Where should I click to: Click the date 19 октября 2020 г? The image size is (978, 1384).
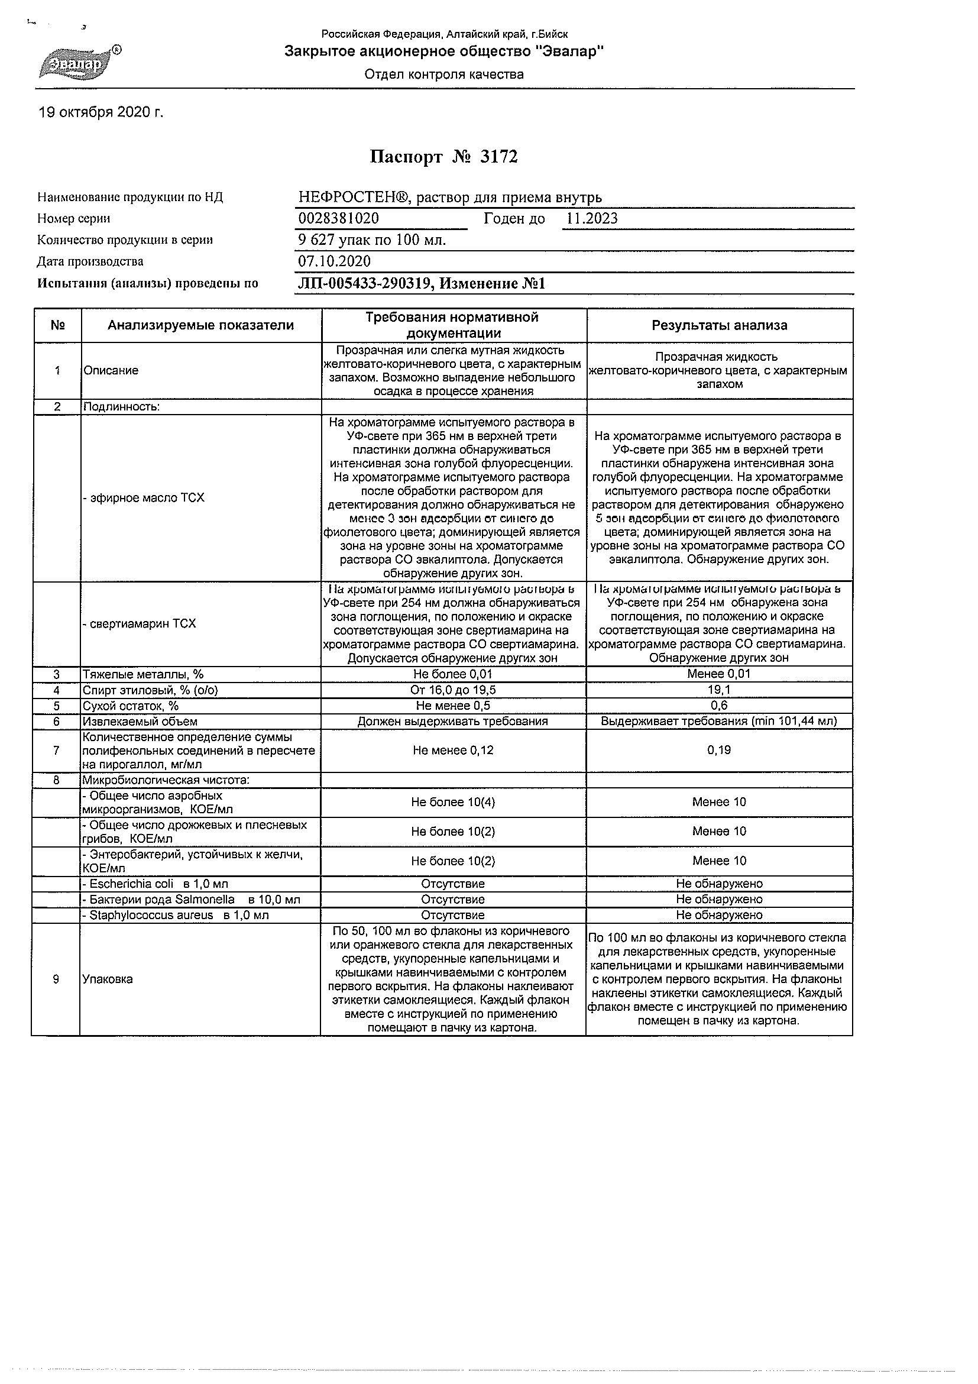coord(101,112)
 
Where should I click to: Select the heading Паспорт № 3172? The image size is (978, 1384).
coord(443,157)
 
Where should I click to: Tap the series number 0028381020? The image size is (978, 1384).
coord(339,219)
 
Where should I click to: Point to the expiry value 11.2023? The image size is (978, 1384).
coord(592,219)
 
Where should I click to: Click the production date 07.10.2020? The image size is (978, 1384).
coord(335,261)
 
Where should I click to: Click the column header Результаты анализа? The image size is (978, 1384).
coord(720,325)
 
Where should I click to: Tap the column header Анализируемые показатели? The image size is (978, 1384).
coord(200,325)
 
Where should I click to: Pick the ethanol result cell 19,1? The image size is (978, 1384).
coord(720,690)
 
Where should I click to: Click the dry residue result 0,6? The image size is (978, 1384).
coord(720,706)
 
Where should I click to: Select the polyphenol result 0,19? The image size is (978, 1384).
coord(720,751)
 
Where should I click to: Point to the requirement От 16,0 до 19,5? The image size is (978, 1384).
coord(453,690)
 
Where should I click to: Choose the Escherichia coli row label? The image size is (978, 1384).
coord(156,884)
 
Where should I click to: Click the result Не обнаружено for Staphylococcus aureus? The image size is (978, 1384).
coord(720,915)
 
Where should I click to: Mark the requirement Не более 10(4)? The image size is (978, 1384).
coord(453,803)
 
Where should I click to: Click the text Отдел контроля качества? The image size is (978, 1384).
coord(444,75)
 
